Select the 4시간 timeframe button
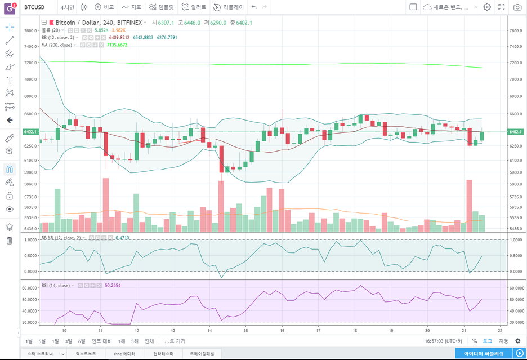point(67,7)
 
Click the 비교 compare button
point(105,7)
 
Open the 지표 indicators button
point(132,7)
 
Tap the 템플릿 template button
point(162,7)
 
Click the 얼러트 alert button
point(195,7)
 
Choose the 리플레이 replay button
point(229,7)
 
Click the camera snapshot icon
point(517,7)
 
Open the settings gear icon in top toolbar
point(487,7)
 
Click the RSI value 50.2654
point(113,286)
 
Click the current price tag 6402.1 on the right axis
point(515,132)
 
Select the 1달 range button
point(55,341)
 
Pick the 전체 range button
point(149,341)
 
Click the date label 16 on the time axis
point(282,331)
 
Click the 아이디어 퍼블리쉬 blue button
point(488,353)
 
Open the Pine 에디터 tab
point(124,354)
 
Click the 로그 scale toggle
point(488,341)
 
